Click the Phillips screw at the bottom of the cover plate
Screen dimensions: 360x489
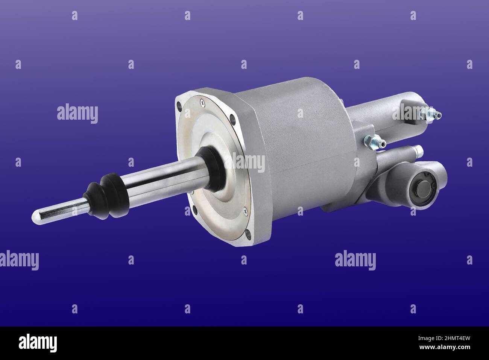(245, 211)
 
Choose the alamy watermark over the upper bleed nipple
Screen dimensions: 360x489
(414, 113)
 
